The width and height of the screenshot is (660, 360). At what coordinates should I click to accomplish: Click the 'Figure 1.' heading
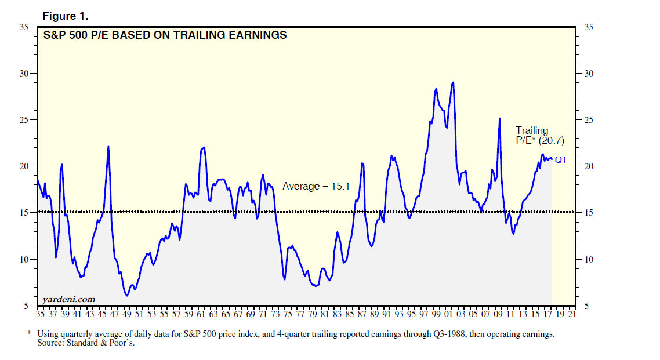pyautogui.click(x=65, y=16)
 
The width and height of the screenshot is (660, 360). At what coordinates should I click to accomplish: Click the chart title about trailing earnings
pyautogui.click(x=165, y=35)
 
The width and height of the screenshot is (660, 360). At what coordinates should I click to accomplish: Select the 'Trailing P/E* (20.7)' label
pyautogui.click(x=539, y=136)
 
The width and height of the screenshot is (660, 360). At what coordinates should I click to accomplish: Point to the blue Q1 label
pyautogui.click(x=560, y=160)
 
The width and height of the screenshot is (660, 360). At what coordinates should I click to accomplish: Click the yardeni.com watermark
pyautogui.click(x=68, y=299)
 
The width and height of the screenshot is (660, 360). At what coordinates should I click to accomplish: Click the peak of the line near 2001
pyautogui.click(x=452, y=82)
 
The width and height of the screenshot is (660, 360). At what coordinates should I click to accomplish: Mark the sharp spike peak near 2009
pyautogui.click(x=499, y=118)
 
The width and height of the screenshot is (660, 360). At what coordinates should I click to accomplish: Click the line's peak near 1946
pyautogui.click(x=108, y=146)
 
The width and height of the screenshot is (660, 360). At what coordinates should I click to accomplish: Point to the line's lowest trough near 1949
pyautogui.click(x=126, y=296)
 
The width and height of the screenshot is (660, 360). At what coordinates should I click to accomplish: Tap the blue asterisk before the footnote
pyautogui.click(x=29, y=334)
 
